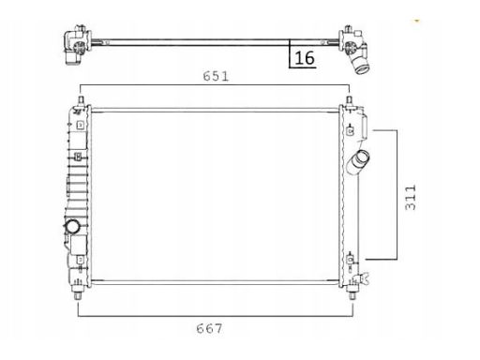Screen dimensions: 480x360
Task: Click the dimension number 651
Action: point(216,76)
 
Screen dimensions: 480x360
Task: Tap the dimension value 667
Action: point(209,328)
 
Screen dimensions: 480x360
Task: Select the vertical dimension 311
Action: point(411,198)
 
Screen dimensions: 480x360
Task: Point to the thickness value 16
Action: point(305,58)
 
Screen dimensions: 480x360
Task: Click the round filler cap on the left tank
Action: point(73,227)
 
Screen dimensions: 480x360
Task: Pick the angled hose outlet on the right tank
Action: point(358,163)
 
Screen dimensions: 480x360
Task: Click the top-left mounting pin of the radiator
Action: point(81,101)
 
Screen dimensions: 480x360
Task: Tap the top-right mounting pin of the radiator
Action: point(350,101)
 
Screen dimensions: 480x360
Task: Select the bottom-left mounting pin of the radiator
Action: point(78,294)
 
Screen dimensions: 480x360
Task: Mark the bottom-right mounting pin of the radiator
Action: point(352,294)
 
